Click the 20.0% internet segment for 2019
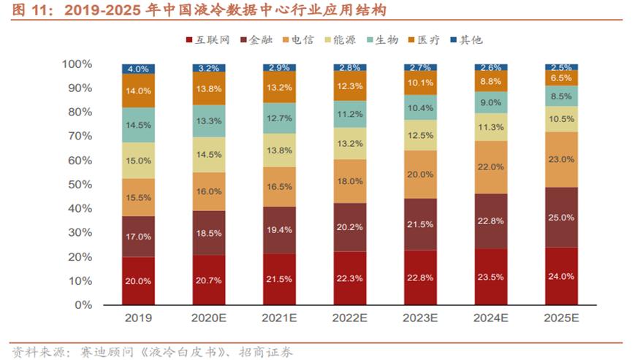click(x=139, y=280)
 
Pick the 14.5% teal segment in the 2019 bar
click(x=139, y=125)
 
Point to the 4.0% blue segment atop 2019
click(x=139, y=69)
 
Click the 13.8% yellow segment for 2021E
click(x=281, y=150)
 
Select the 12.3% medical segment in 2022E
click(x=351, y=86)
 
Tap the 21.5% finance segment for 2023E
click(x=422, y=224)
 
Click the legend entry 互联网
click(x=211, y=39)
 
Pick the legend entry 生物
click(x=387, y=39)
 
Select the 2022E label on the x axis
click(x=351, y=319)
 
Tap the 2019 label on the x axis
click(x=139, y=319)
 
